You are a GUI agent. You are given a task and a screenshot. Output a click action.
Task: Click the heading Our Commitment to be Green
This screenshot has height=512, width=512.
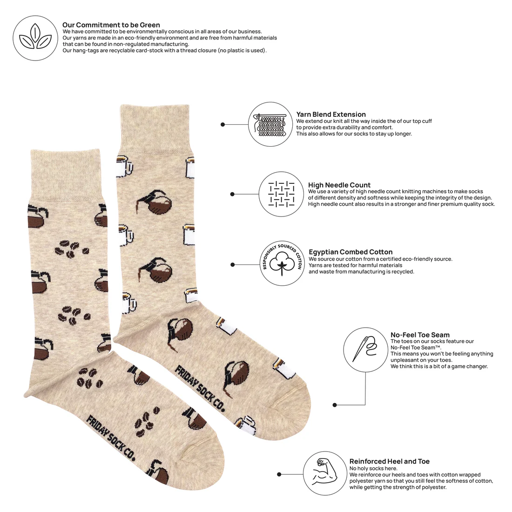point(111,25)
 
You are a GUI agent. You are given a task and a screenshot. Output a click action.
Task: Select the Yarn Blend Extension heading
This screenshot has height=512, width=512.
point(331,115)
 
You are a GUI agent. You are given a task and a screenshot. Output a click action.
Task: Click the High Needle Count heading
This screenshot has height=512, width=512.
point(339,185)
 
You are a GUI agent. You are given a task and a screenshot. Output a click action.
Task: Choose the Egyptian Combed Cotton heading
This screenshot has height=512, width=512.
point(350,252)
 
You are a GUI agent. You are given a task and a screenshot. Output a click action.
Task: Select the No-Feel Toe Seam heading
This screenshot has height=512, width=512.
point(420,335)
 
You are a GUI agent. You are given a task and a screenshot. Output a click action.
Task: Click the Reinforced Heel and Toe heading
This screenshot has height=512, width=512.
point(390,462)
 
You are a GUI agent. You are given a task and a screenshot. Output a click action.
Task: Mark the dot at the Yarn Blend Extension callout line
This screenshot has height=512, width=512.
point(223,125)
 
